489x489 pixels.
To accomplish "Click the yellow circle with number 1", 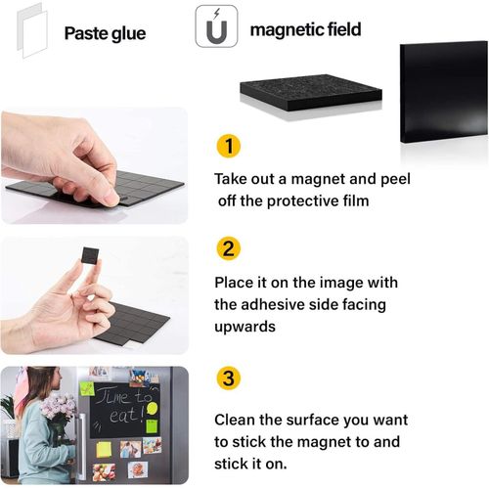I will pos(227,148).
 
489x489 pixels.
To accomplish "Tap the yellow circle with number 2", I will pos(227,248).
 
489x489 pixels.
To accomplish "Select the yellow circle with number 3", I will pos(227,378).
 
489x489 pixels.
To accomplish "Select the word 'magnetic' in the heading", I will pos(283,30).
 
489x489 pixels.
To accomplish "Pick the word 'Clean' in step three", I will pos(236,420).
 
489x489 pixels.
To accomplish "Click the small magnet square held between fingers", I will pos(90,256).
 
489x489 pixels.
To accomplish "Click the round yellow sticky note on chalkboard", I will pos(152,407).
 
